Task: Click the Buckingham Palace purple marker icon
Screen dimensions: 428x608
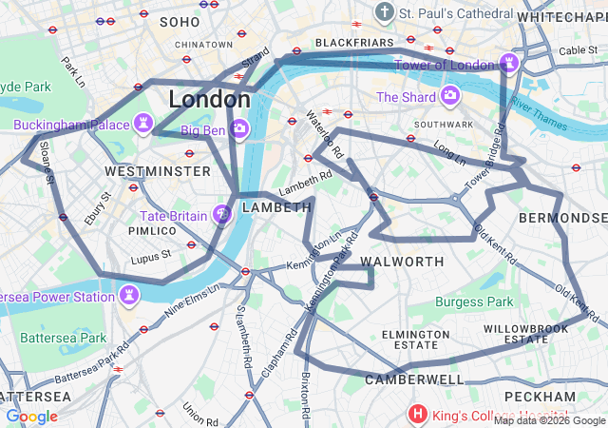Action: pyautogui.click(x=143, y=125)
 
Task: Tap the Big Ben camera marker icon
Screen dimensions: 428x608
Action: pyautogui.click(x=239, y=128)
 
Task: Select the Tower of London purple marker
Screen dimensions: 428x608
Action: pyautogui.click(x=510, y=64)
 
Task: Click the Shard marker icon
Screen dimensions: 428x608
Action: pyautogui.click(x=449, y=97)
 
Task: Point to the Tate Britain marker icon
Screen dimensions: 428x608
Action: pyautogui.click(x=221, y=216)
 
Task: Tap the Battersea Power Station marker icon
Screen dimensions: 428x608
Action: pyautogui.click(x=128, y=297)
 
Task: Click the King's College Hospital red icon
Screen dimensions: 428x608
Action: pyautogui.click(x=416, y=414)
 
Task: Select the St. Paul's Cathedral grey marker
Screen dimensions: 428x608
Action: pyautogui.click(x=385, y=13)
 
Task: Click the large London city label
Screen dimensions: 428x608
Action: pyautogui.click(x=209, y=99)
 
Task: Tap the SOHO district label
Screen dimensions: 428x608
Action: pyautogui.click(x=180, y=21)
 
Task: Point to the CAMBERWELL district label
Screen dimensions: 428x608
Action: pyautogui.click(x=414, y=379)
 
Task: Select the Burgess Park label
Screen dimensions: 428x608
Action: pyautogui.click(x=473, y=302)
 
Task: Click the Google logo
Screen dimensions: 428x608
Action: pyautogui.click(x=31, y=417)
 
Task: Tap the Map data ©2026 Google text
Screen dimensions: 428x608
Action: pyautogui.click(x=548, y=420)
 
